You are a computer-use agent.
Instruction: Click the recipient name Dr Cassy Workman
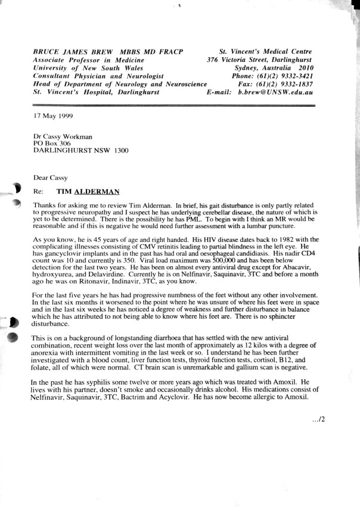point(63,136)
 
